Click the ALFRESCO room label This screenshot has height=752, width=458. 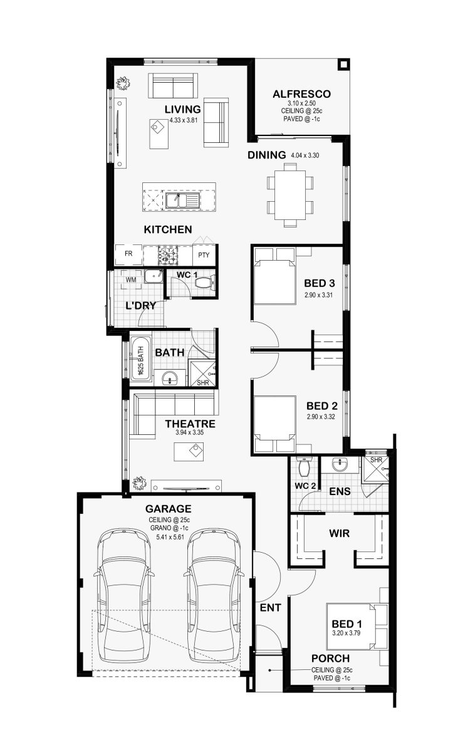[x=301, y=94]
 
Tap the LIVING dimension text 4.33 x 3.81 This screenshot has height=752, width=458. [x=183, y=120]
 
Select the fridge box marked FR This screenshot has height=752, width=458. [x=128, y=255]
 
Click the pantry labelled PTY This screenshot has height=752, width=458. [x=204, y=255]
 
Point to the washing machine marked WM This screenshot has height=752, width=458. [x=131, y=279]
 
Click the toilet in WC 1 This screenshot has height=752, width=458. [x=204, y=283]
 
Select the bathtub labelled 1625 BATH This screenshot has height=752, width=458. [x=140, y=360]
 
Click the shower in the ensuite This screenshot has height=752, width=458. [x=375, y=469]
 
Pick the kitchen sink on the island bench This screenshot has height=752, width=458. [x=182, y=201]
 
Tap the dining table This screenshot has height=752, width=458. [x=290, y=195]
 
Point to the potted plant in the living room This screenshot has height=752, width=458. [x=123, y=83]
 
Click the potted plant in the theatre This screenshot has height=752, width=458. [x=139, y=483]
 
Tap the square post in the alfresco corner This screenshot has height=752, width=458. [x=343, y=64]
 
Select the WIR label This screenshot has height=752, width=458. [x=339, y=533]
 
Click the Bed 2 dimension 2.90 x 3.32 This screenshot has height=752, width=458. [x=321, y=417]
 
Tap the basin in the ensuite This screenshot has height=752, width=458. [x=341, y=465]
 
